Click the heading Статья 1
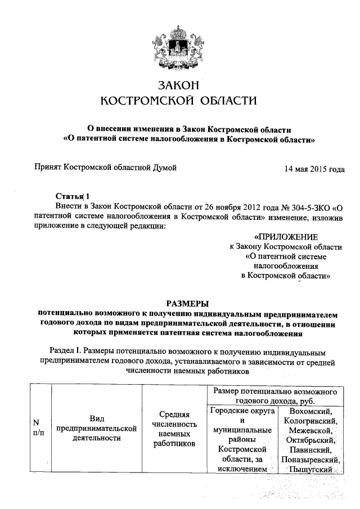(73, 196)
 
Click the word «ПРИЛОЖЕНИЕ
(286, 237)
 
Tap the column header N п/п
(36, 427)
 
